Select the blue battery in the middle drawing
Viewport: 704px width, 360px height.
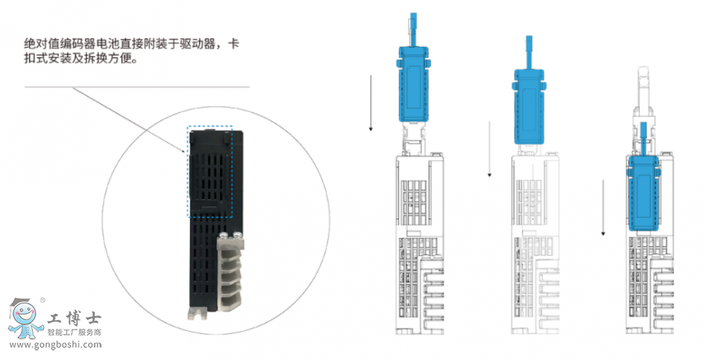point(530,106)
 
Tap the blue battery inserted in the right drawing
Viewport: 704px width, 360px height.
point(645,193)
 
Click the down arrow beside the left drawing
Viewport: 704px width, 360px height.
point(371,103)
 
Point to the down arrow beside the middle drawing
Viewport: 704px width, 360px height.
point(490,149)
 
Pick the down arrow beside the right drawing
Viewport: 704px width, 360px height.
point(603,207)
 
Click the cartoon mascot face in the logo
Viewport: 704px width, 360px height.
point(23,314)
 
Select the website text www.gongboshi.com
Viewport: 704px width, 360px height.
point(56,345)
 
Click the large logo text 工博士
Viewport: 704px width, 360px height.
point(74,319)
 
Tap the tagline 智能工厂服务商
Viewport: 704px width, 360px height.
point(74,333)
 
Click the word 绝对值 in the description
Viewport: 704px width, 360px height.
point(41,44)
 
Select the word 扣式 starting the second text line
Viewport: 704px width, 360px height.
point(36,59)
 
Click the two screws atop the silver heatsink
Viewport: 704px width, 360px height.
point(230,235)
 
